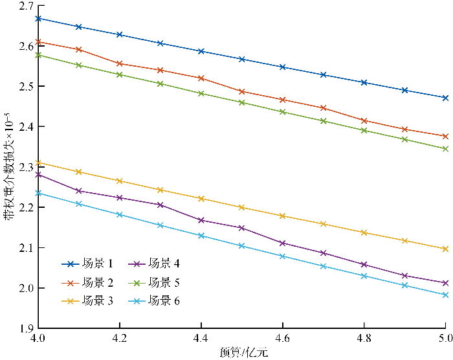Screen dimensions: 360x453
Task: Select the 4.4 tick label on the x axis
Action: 201,339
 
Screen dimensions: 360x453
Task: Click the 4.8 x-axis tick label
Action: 364,339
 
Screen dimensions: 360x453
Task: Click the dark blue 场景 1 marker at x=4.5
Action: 241,59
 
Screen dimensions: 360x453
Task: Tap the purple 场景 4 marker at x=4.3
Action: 160,205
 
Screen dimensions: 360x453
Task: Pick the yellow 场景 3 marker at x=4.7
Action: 323,224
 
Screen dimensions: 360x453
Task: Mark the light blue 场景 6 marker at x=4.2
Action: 119,214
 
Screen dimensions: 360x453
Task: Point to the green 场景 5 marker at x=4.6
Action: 282,112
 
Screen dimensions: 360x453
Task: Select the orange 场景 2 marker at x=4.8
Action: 364,120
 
